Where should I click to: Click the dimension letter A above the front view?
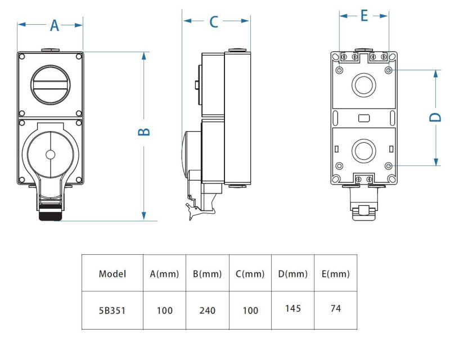pyautogui.click(x=55, y=25)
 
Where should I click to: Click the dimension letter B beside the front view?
pyautogui.click(x=144, y=132)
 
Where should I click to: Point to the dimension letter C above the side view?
pyautogui.click(x=214, y=21)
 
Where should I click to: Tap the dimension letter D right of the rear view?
pyautogui.click(x=435, y=117)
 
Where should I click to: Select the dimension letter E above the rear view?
pyautogui.click(x=364, y=16)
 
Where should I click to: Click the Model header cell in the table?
pyautogui.click(x=112, y=274)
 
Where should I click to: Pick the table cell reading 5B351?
pyautogui.click(x=112, y=310)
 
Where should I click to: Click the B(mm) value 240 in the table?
pyautogui.click(x=208, y=310)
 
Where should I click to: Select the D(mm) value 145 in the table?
pyautogui.click(x=293, y=308)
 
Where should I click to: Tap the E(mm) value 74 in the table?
pyautogui.click(x=336, y=308)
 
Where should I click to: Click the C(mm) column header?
pyautogui.click(x=250, y=274)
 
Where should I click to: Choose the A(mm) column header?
pyautogui.click(x=164, y=274)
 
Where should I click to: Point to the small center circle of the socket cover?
pyautogui.click(x=51, y=154)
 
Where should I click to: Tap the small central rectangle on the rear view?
pyautogui.click(x=363, y=118)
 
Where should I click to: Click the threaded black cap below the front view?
pyautogui.click(x=51, y=215)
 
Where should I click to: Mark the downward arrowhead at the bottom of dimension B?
pyautogui.click(x=144, y=216)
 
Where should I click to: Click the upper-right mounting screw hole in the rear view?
pyautogui.click(x=389, y=70)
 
